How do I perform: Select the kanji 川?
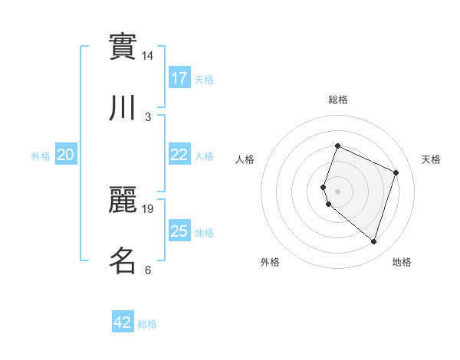[x=123, y=108]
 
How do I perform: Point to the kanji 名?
[x=123, y=260]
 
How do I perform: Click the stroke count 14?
[x=148, y=56]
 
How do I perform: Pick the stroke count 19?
[x=148, y=208]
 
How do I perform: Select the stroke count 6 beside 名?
[x=148, y=270]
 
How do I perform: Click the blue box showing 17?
[x=179, y=77]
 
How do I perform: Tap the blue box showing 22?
[x=179, y=154]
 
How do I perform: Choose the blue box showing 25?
[x=179, y=231]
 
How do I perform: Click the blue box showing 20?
[x=66, y=155]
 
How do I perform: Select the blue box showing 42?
[x=123, y=322]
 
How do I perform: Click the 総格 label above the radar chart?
[x=338, y=100]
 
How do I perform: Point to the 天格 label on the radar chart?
[x=432, y=159]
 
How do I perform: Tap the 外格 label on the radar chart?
[x=270, y=262]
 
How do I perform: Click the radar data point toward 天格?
[x=396, y=172]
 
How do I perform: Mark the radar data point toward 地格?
[x=373, y=242]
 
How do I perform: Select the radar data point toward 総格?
[x=337, y=146]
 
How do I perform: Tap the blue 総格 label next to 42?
[x=147, y=324]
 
